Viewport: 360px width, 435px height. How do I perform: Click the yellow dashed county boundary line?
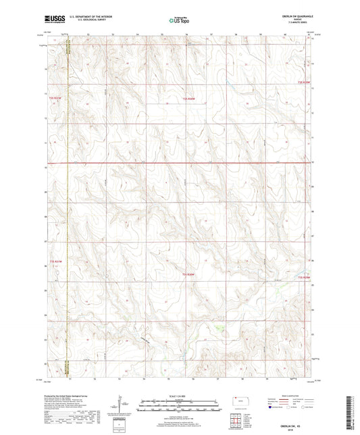click(x=68, y=203)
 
